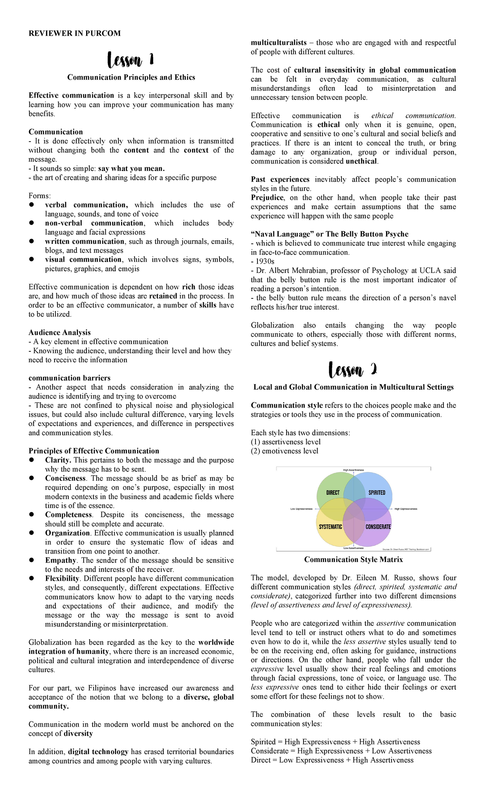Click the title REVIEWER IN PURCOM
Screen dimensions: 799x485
tap(74, 33)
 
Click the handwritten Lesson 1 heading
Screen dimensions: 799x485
tap(130, 60)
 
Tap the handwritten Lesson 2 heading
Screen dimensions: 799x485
tap(353, 370)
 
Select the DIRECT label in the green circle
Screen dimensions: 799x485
tap(333, 493)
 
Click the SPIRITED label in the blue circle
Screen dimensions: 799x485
tap(377, 493)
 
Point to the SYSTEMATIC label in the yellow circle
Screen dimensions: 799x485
tap(331, 527)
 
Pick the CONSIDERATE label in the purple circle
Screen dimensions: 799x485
tap(378, 527)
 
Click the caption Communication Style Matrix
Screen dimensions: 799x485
tap(353, 560)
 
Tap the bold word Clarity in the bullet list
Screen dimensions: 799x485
tap(58, 460)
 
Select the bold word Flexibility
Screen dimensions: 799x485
tap(62, 579)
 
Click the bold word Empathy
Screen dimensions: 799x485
tap(61, 560)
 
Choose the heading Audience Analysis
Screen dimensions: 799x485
tap(59, 332)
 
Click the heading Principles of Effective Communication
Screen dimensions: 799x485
tap(94, 451)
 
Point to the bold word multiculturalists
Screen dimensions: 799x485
tap(278, 42)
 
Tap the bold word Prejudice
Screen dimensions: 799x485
tap(267, 198)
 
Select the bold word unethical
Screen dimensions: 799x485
tap(361, 161)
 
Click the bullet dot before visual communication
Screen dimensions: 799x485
tap(31, 260)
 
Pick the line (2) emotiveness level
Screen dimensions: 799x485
tap(285, 451)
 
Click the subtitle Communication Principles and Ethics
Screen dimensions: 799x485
tap(131, 77)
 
